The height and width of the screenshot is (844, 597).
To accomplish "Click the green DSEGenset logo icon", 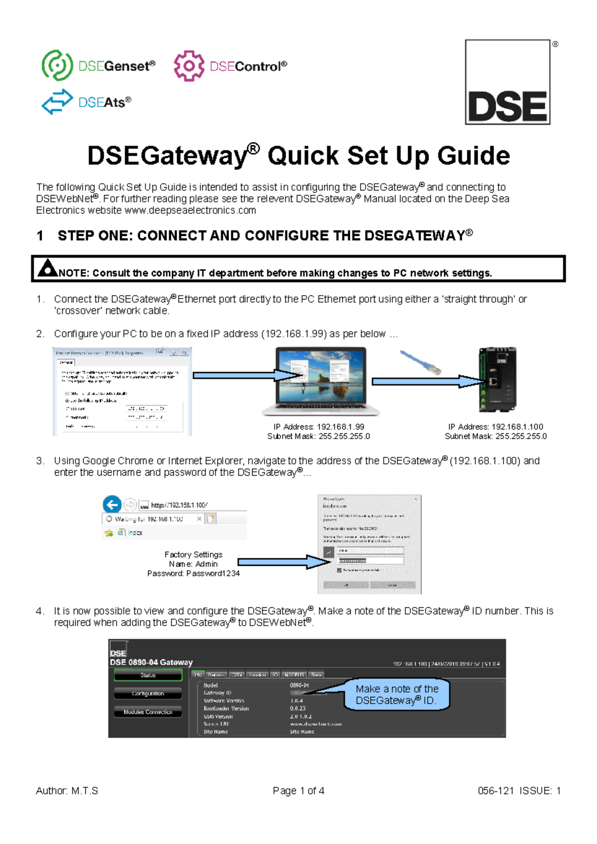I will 57,65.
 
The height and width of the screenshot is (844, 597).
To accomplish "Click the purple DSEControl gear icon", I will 189,66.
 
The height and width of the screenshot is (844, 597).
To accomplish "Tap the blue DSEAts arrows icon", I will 57,102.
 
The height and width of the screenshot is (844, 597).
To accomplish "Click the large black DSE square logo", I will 508,82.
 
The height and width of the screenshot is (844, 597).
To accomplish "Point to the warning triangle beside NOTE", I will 48,268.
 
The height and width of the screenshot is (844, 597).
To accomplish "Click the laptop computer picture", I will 320,381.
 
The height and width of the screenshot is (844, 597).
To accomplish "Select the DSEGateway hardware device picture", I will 497,380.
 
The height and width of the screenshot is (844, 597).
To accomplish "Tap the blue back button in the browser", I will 112,505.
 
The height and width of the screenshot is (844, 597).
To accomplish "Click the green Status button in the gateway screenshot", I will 148,675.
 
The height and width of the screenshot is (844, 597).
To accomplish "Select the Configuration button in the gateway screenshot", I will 148,694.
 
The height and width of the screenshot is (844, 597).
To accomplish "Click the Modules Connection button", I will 148,712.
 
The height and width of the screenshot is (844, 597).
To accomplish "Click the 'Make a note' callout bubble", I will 397,695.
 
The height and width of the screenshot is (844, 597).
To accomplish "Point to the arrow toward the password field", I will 284,562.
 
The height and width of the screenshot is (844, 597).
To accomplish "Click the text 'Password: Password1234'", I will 193,573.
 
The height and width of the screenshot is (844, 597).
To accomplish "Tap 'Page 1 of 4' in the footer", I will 298,791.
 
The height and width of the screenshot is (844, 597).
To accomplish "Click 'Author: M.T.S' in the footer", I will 67,791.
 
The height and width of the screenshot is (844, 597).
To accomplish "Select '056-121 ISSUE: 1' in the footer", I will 519,791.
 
